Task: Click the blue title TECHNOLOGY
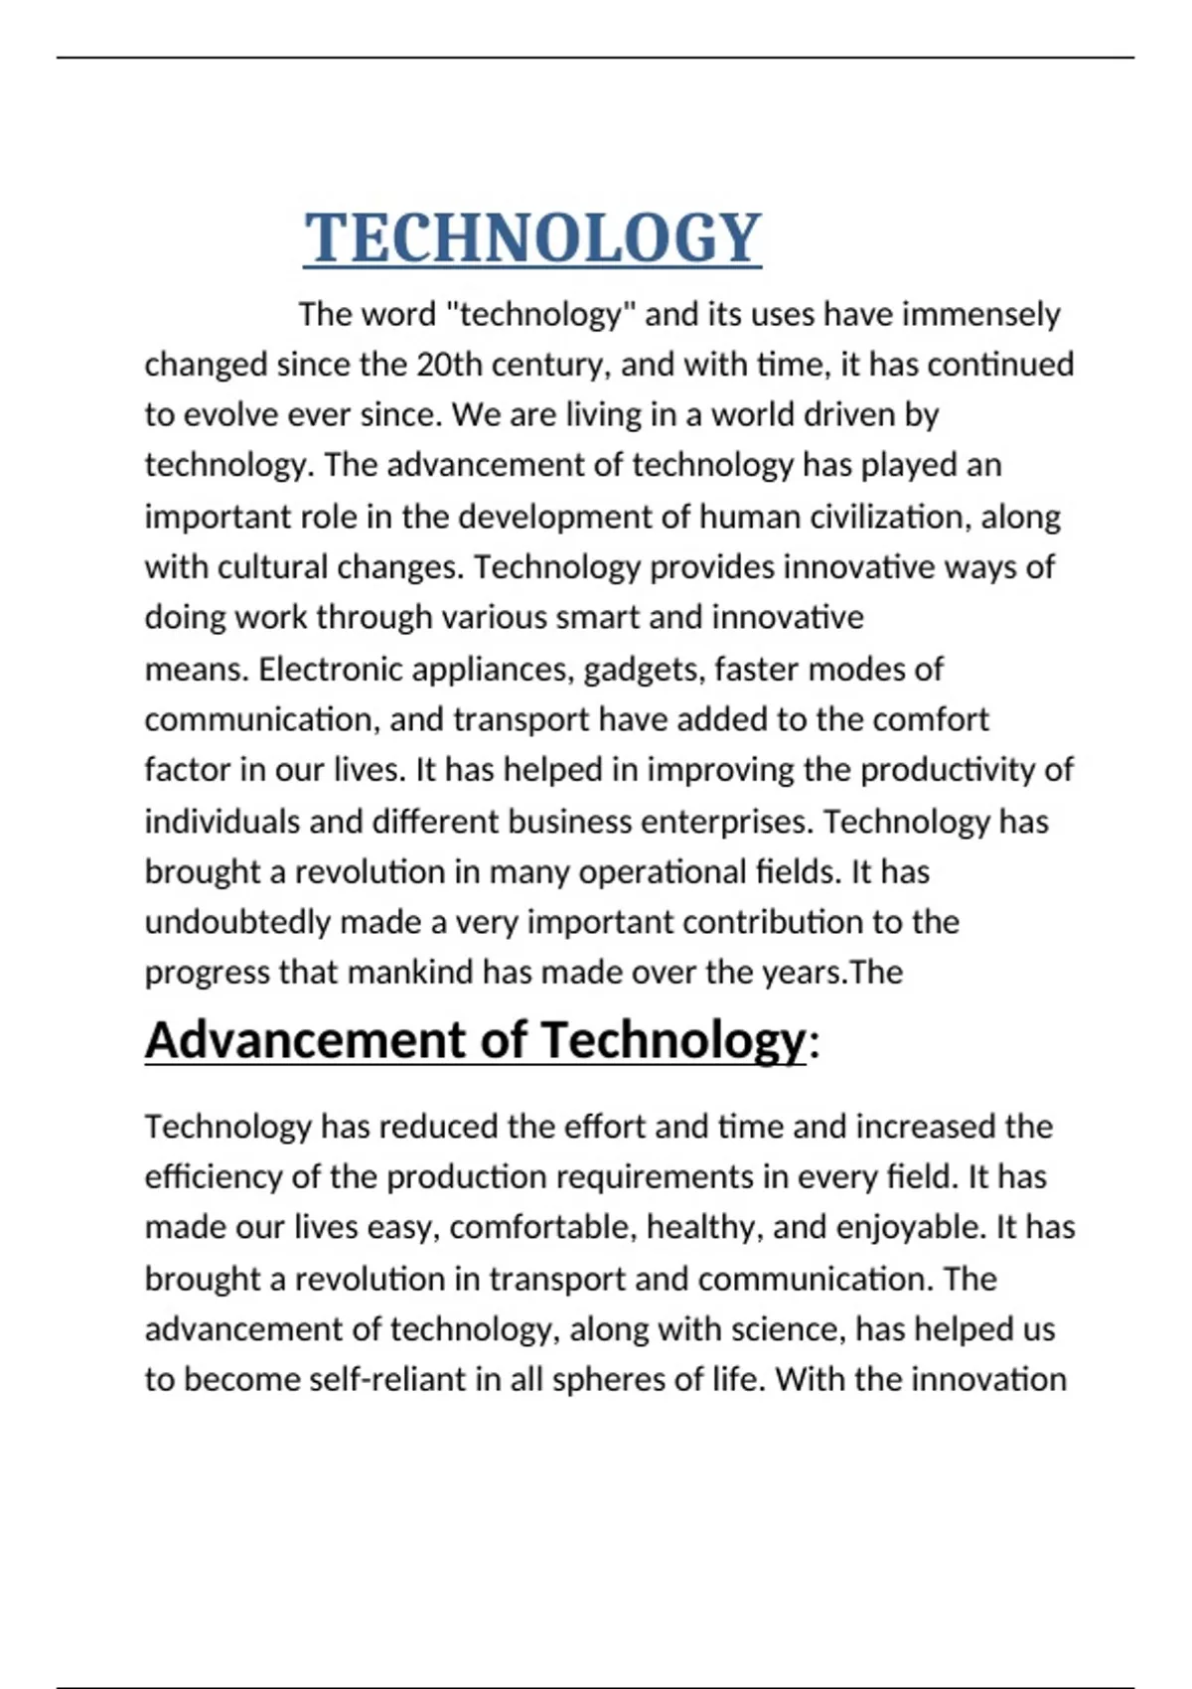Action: [x=532, y=238]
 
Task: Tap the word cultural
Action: [x=272, y=567]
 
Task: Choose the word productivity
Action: [x=948, y=770]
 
